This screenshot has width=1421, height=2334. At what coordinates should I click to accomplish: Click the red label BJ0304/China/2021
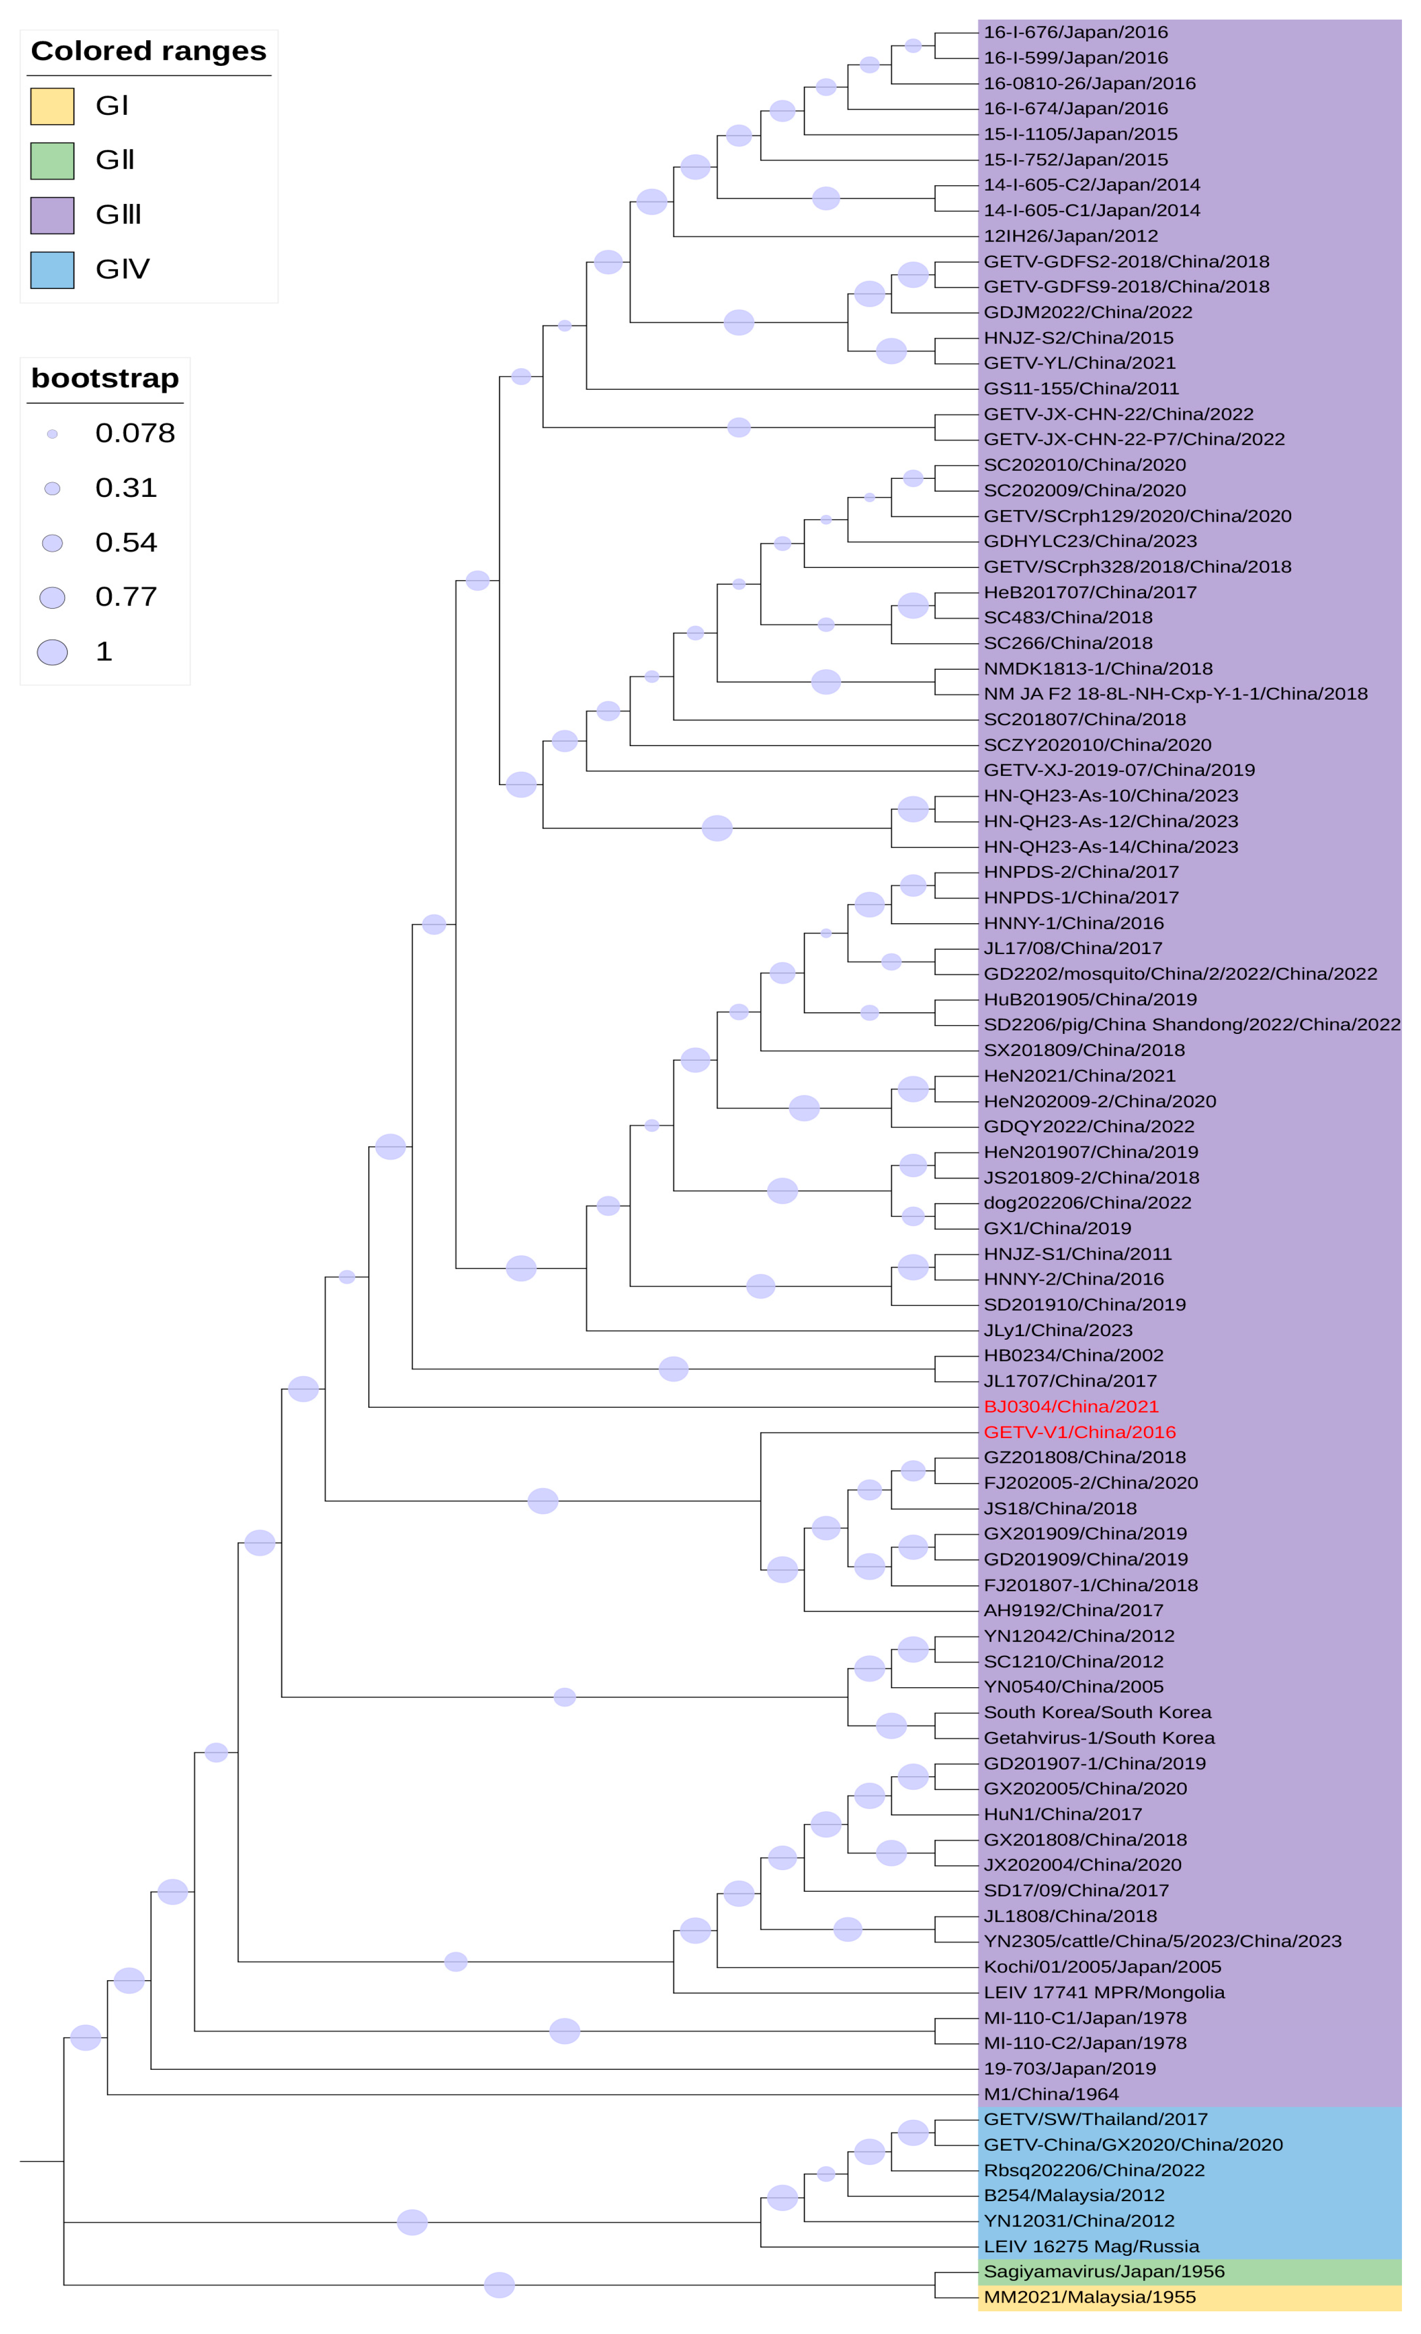(1070, 1407)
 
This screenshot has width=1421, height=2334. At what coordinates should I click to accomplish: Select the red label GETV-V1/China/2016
(1079, 1432)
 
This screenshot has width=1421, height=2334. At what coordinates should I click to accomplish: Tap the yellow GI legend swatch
(52, 106)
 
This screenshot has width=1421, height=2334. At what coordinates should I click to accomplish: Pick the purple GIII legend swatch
(52, 215)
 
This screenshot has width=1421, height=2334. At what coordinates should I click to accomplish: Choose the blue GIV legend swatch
(52, 270)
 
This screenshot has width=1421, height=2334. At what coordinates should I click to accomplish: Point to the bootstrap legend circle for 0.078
(52, 434)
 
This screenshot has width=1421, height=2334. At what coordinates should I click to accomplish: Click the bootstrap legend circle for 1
(52, 652)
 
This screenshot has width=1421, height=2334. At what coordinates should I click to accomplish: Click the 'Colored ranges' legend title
(149, 51)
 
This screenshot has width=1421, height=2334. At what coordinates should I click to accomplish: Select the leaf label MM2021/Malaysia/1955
(1089, 2297)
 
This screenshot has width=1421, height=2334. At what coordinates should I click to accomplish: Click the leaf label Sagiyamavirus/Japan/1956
(1104, 2272)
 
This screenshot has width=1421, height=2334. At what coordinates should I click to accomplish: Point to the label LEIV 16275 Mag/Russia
(1091, 2246)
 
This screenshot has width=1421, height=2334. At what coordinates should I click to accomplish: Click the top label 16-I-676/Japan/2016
(1075, 32)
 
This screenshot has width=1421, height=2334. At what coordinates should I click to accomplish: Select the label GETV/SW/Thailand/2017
(1095, 2119)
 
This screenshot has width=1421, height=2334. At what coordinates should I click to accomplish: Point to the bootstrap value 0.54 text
(126, 543)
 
